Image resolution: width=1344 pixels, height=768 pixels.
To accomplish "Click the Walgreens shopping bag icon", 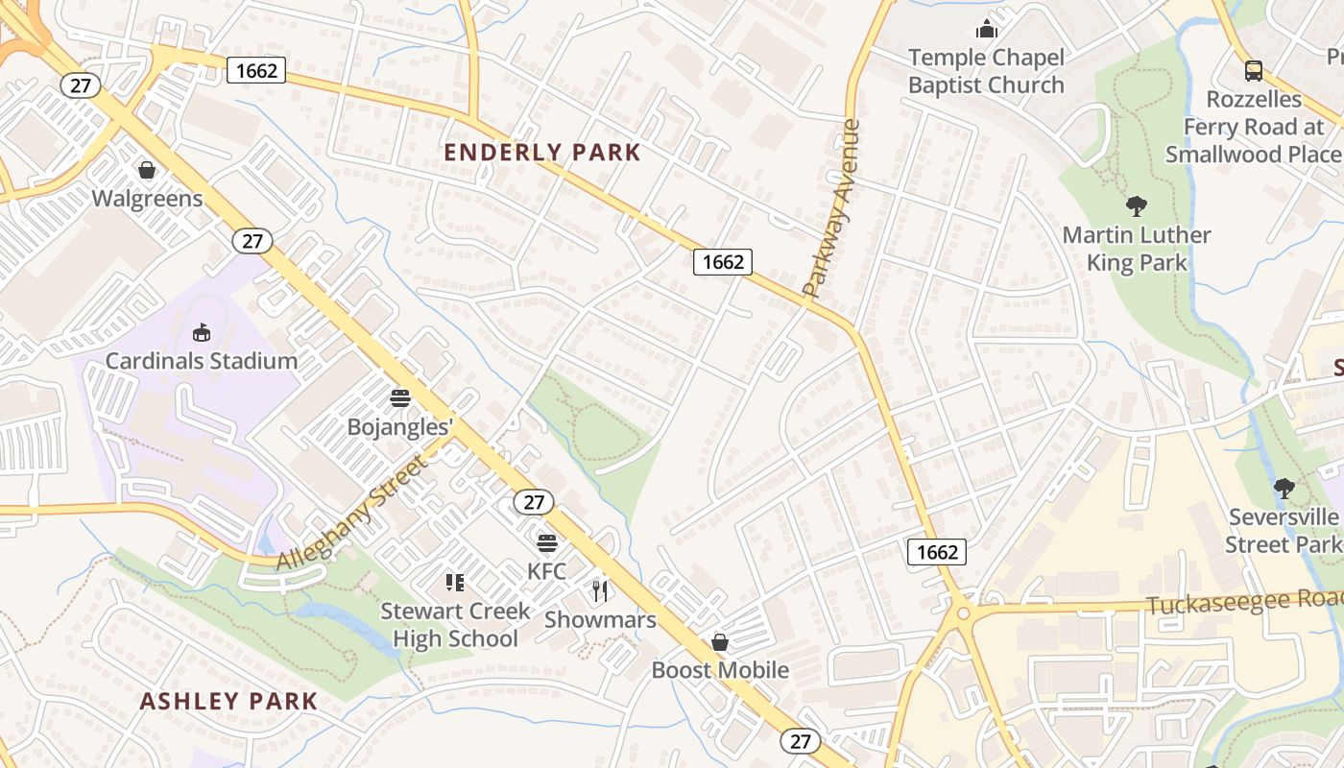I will [147, 170].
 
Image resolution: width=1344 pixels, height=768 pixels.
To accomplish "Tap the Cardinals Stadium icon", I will [202, 332].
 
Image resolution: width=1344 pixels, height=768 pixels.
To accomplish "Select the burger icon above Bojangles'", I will [399, 397].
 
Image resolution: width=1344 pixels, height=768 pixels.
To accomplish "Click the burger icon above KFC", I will [546, 543].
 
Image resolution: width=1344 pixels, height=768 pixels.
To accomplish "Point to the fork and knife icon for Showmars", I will [600, 590].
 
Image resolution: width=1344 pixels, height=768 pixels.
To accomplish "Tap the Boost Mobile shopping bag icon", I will [720, 641].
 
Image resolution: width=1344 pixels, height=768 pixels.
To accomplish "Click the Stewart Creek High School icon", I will [455, 582].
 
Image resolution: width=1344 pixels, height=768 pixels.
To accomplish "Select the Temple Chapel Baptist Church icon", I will [986, 29].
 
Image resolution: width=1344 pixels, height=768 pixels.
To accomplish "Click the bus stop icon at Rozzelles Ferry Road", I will [1253, 70].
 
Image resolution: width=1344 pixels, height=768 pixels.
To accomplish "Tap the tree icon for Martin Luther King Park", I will [1137, 205].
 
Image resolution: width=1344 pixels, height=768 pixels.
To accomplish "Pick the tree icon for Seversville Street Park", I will [1284, 489].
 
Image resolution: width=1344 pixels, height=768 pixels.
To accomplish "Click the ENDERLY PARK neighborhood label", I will [542, 152].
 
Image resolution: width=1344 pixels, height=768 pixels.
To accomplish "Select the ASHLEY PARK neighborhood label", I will [228, 701].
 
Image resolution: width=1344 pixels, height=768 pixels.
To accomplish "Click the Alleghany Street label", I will [350, 515].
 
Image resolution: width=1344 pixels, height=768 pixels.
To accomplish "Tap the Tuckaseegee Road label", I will [1244, 602].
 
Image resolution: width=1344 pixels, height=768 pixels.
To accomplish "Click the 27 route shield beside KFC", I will [533, 501].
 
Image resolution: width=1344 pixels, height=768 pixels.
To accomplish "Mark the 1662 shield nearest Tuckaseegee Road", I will [936, 551].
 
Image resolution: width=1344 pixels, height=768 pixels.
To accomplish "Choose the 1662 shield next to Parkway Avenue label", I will [722, 261].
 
